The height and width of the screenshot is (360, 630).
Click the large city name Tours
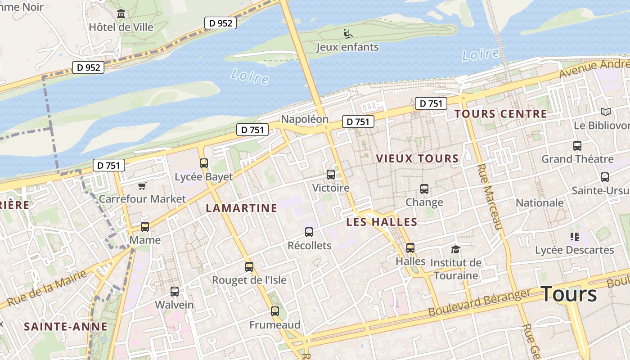[x=569, y=294]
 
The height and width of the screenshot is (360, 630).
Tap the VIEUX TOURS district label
[x=417, y=158]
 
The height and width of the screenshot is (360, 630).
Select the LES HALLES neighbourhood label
[x=382, y=222]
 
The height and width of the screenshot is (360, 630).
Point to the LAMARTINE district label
[x=241, y=208]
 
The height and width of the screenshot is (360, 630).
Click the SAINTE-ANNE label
[x=66, y=327]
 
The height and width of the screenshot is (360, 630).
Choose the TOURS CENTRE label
[x=500, y=114]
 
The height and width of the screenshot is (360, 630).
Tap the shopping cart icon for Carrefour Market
[x=142, y=186]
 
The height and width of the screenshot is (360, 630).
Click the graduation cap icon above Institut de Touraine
[x=456, y=249]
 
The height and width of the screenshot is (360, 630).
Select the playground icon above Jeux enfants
[x=347, y=33]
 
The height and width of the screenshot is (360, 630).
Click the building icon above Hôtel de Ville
[x=121, y=14]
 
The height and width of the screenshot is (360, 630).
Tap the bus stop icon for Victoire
[x=331, y=174]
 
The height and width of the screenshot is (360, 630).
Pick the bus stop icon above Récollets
[x=309, y=232]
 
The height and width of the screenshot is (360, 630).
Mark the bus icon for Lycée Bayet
[x=204, y=163]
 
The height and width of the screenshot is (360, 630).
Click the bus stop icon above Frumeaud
[x=275, y=311]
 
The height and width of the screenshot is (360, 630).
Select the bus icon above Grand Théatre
[x=577, y=146]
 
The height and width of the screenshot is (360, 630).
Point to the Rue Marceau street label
[x=488, y=197]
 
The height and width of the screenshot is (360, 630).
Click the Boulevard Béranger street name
[x=479, y=302]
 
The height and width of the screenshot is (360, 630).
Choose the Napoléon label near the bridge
[x=305, y=119]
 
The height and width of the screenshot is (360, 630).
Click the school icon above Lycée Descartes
[x=574, y=236]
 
